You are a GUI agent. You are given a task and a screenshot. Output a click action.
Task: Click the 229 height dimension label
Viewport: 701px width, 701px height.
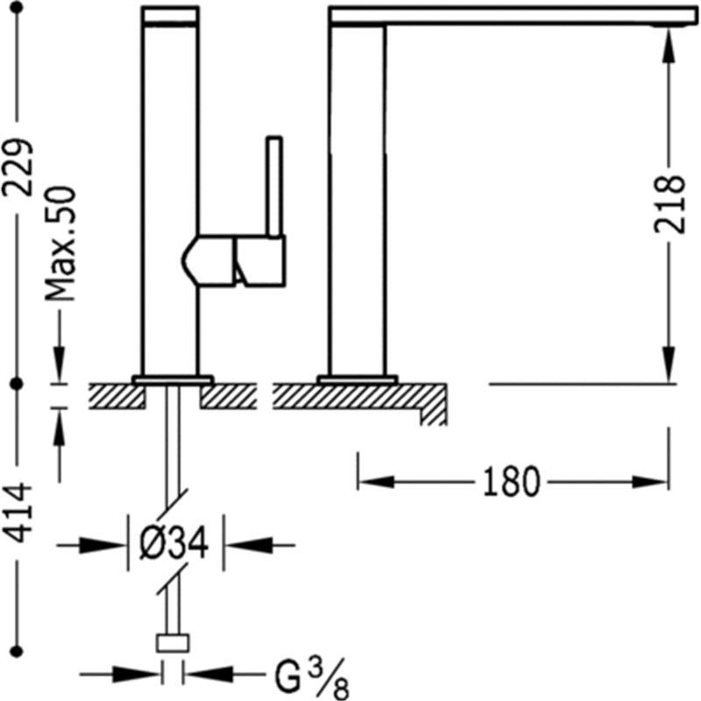click(18, 167)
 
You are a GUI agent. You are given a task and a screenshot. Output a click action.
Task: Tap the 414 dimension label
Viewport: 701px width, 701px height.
click(18, 512)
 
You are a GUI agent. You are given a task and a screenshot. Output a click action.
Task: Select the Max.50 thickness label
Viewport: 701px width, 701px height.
click(60, 244)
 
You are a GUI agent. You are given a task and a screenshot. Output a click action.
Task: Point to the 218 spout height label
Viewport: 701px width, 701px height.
click(669, 204)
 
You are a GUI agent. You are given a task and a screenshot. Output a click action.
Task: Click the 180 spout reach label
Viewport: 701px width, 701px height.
click(512, 482)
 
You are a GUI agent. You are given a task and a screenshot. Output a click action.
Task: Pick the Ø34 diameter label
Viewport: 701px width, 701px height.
click(173, 543)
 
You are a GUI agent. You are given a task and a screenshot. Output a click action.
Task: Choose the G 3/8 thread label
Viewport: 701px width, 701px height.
click(312, 678)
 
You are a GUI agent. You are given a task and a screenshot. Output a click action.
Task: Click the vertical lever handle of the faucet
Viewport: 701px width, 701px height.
click(274, 186)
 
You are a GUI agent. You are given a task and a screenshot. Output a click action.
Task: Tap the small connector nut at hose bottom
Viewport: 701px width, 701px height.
click(173, 643)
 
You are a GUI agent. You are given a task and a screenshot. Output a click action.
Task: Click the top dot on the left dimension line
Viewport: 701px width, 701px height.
click(17, 8)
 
